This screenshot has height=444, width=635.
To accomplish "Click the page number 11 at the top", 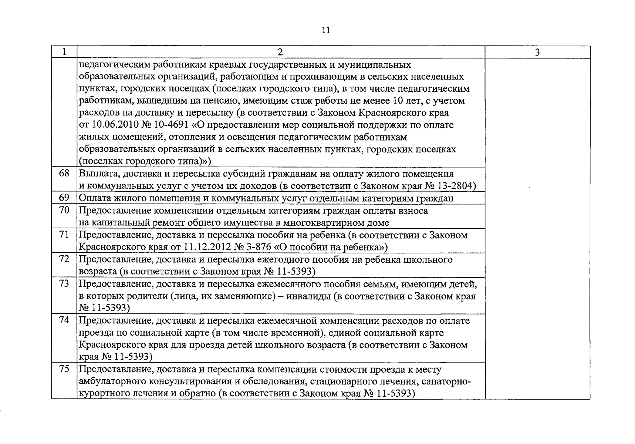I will (325, 30).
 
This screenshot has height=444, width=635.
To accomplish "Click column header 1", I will (64, 52).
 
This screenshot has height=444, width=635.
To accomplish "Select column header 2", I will (280, 52).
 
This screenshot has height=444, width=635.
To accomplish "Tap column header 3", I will (537, 52).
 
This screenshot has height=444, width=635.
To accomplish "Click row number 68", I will (64, 173).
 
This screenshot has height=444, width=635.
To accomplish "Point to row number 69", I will (64, 198).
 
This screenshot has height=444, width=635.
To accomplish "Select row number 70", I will (64, 210).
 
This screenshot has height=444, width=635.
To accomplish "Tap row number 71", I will (64, 235).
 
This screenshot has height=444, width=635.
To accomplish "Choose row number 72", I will (64, 259).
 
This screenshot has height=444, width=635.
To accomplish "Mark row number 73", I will (64, 283).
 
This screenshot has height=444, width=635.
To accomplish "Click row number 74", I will (64, 320).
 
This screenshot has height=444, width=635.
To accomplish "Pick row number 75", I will (64, 369).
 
